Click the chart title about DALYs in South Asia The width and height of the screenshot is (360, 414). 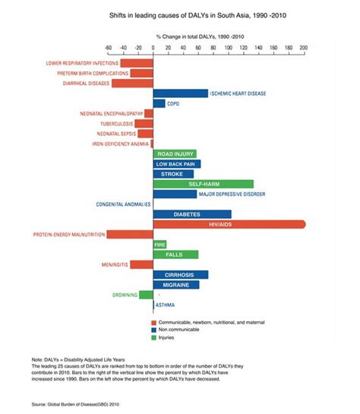coord(180,14)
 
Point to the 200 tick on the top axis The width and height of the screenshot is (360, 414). coord(304,46)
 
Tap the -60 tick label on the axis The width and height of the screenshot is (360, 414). coord(109,46)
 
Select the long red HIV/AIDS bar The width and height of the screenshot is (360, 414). coord(229,225)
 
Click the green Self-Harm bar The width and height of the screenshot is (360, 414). coord(203,184)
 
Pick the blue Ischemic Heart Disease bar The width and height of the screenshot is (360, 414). coord(180,93)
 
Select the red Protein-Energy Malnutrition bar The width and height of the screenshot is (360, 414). coord(130,235)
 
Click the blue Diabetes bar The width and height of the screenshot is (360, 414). coord(192,214)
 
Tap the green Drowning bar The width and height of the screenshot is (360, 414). coord(146,295)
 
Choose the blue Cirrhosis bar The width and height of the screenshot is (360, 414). coord(180,274)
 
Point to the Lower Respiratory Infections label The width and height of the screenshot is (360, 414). coord(81,63)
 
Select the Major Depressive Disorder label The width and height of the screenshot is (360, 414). coord(232,194)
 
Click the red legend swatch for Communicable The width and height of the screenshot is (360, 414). coord(154,323)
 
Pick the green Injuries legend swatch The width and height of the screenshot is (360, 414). coord(154,338)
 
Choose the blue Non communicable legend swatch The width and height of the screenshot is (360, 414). coord(154,330)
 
